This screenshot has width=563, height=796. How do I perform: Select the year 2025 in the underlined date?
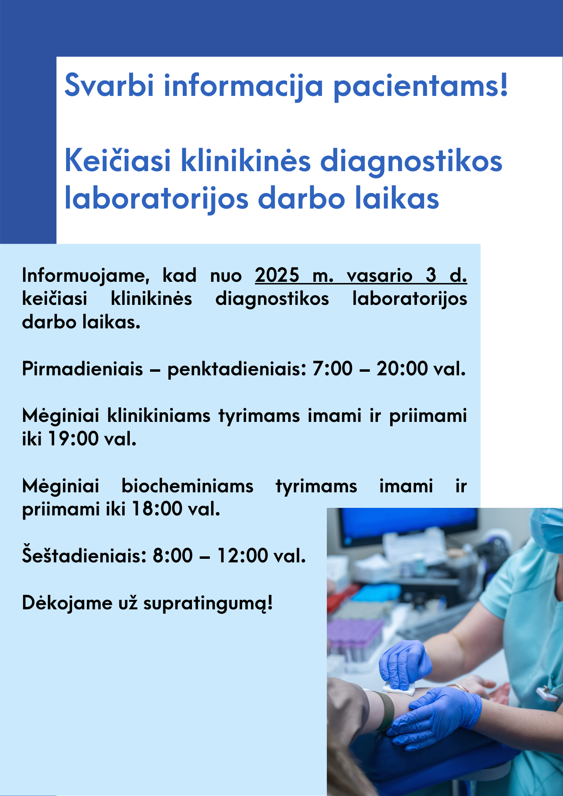(277, 275)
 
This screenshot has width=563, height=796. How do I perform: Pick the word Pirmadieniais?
(82, 369)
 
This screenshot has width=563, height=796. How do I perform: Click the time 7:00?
(332, 369)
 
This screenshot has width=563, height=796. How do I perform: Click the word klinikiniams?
(159, 416)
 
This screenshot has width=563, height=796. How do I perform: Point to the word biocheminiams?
(188, 486)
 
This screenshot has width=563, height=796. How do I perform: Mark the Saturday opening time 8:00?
(173, 556)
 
